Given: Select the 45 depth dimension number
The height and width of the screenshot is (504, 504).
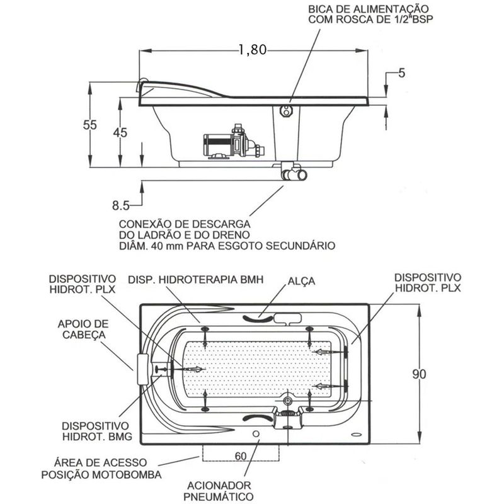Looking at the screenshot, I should pos(120,132).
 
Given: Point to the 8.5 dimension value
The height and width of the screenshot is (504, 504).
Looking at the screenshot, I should pos(120,205).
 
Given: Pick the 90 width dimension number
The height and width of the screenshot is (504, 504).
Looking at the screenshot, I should pos(420,374).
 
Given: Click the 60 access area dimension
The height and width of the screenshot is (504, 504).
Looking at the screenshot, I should pos(239,455).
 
